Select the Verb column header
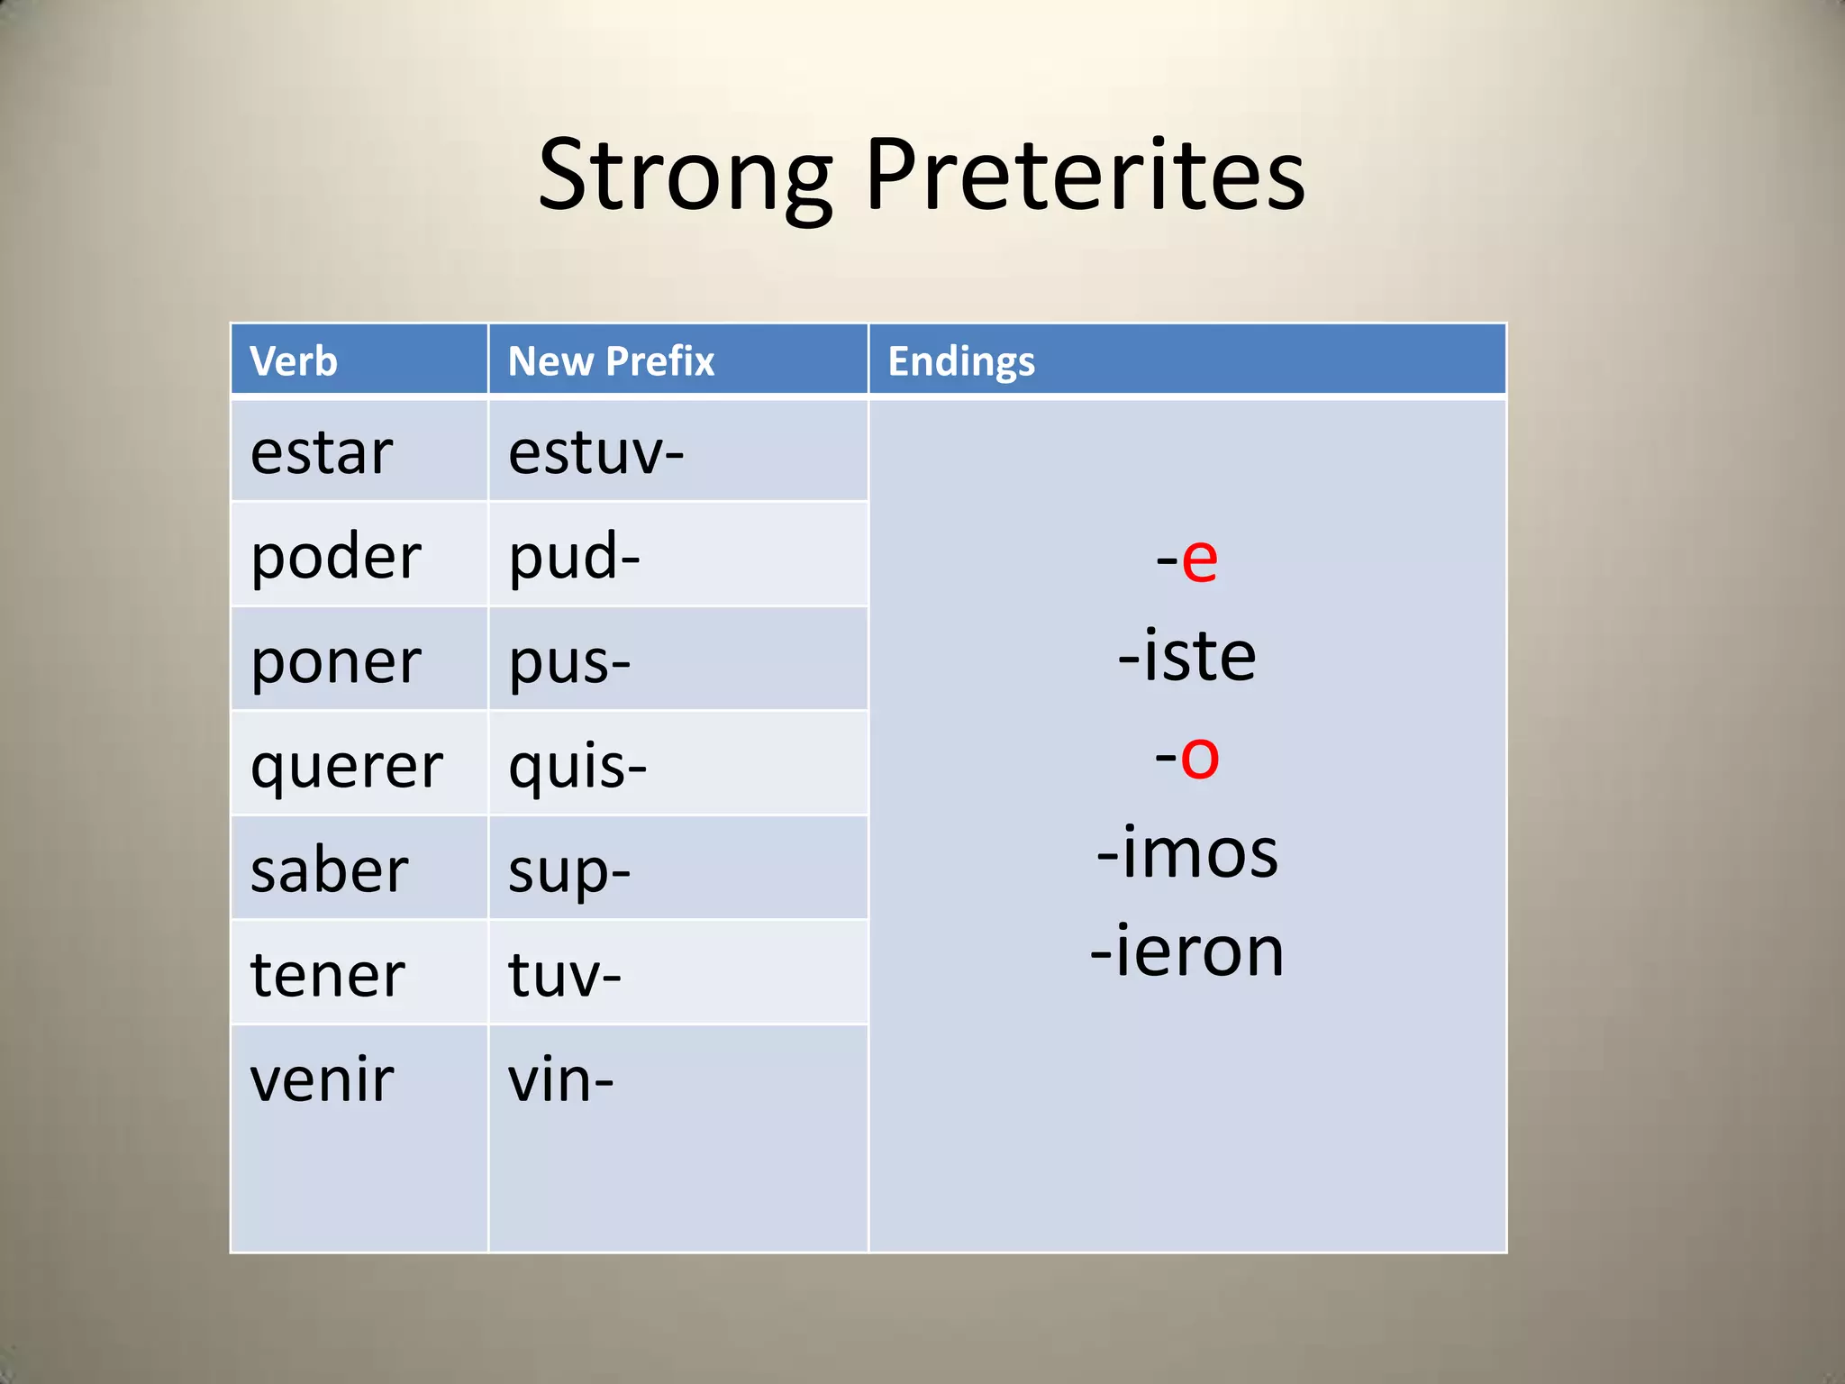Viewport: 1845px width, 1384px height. coord(294,361)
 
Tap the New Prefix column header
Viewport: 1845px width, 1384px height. coord(611,361)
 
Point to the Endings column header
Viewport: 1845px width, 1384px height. coord(961,361)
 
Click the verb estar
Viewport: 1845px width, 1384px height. coord(322,452)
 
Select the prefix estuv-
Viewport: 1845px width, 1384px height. coord(595,452)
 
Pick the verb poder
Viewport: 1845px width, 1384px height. coord(336,557)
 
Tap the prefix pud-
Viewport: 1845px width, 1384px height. coord(574,557)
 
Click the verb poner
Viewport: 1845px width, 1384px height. coord(336,661)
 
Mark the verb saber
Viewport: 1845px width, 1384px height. coord(329,870)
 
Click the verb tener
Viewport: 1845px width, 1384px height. coord(328,975)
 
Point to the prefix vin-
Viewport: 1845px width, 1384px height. coord(560,1079)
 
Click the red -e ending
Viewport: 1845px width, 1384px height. coord(1187,560)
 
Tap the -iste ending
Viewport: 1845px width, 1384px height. coord(1187,656)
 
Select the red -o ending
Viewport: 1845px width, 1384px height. coord(1187,756)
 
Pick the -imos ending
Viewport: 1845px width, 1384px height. coord(1187,852)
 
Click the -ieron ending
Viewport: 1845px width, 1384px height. coord(1187,951)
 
